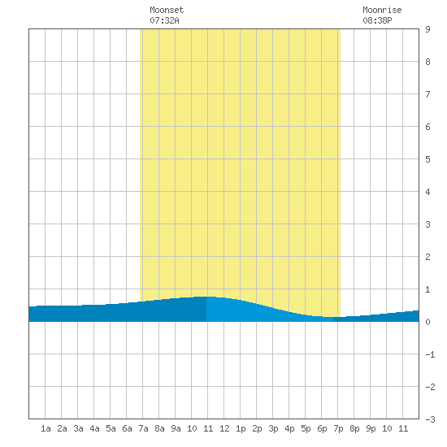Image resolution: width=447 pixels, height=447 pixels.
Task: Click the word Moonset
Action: [167, 10]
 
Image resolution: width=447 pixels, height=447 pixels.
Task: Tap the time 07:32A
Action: [164, 20]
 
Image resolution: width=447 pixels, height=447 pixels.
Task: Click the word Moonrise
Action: [382, 10]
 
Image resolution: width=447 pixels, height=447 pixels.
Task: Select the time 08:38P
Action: [377, 20]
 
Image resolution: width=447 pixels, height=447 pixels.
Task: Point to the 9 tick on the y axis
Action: [427, 29]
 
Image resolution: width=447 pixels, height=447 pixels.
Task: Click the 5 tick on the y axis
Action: [427, 159]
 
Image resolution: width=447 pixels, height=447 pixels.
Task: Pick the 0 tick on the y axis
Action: [427, 322]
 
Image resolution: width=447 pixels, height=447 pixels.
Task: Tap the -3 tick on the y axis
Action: [430, 419]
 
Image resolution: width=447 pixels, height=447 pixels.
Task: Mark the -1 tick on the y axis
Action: [430, 354]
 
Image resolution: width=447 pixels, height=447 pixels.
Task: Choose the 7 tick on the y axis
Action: [427, 94]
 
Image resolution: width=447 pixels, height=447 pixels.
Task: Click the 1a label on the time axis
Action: [46, 428]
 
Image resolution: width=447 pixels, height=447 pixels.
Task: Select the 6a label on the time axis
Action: [127, 428]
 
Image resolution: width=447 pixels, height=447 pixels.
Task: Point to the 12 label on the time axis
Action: [224, 428]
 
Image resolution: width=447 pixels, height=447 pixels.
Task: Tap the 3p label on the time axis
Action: [273, 428]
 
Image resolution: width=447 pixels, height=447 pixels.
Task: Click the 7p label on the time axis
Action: [338, 428]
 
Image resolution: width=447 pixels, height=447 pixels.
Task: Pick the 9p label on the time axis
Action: [371, 428]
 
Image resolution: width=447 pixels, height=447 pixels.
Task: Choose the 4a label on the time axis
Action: [94, 428]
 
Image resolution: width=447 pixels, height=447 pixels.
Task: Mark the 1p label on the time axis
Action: [241, 428]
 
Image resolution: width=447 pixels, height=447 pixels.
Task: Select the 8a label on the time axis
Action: [159, 428]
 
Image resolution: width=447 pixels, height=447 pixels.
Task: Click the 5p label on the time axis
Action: [306, 428]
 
